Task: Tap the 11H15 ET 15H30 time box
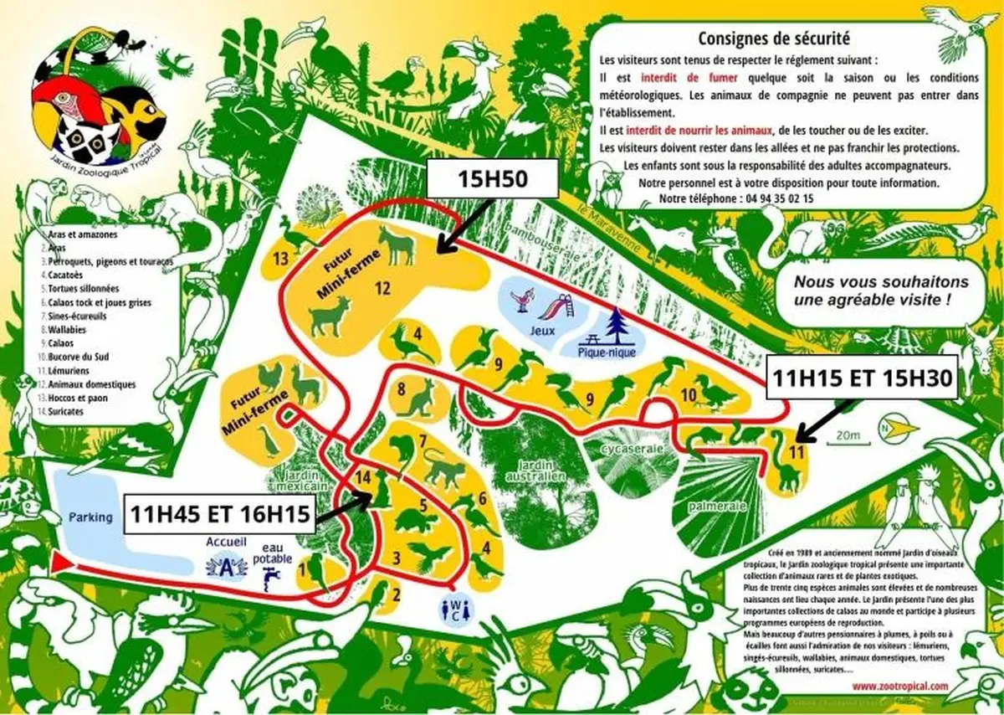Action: [x=861, y=378]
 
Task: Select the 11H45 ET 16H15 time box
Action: [x=220, y=513]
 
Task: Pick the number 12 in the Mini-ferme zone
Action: [x=382, y=288]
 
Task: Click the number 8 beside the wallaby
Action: [x=402, y=388]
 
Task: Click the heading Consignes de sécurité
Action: [x=774, y=38]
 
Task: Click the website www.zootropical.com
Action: [x=901, y=686]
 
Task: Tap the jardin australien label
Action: [x=533, y=471]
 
